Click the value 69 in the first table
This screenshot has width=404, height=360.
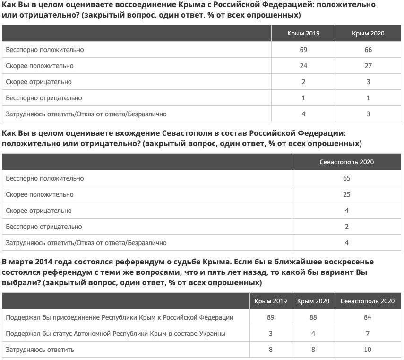303,50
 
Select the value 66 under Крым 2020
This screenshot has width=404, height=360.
368,50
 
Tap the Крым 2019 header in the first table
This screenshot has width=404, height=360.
303,33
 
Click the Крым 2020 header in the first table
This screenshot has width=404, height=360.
368,33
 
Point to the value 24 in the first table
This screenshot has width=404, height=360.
303,66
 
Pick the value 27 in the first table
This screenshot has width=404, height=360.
368,66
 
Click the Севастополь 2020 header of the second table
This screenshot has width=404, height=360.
347,162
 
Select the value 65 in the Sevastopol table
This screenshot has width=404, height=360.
347,178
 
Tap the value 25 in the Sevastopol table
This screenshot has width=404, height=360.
347,194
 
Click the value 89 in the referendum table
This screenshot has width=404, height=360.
271,317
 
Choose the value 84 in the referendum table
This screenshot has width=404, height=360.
368,317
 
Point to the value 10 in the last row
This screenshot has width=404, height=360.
368,350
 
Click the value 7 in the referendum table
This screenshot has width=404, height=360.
368,334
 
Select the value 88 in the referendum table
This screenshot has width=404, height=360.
313,317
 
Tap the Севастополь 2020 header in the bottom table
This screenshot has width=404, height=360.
368,301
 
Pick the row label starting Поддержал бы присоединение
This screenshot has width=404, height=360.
120,317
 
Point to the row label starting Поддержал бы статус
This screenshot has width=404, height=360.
116,334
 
